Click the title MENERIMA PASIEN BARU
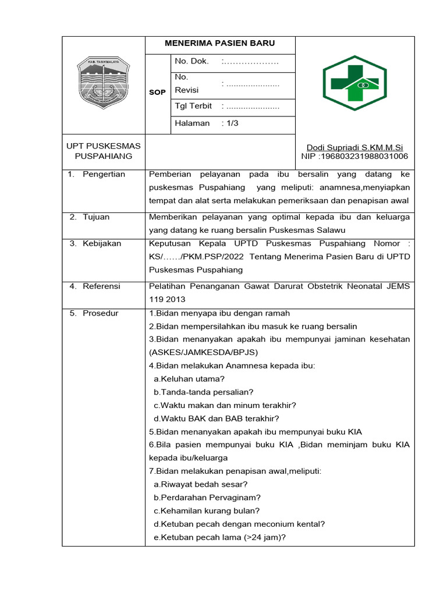tap(220, 44)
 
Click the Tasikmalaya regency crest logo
tap(103, 83)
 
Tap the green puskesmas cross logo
tap(354, 83)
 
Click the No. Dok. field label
tap(187, 61)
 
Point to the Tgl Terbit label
tap(193, 106)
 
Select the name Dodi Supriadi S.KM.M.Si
tap(354, 148)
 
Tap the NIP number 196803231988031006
tap(354, 157)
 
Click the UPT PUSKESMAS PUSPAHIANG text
tap(103, 151)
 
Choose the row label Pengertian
tap(104, 175)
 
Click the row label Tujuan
tap(96, 217)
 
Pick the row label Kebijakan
tap(102, 243)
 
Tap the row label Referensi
tap(101, 286)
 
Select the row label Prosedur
tap(100, 313)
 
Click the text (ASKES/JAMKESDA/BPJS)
tap(203, 353)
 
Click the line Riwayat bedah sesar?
tap(201, 484)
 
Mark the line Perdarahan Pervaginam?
tap(207, 498)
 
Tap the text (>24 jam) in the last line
tap(261, 537)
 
